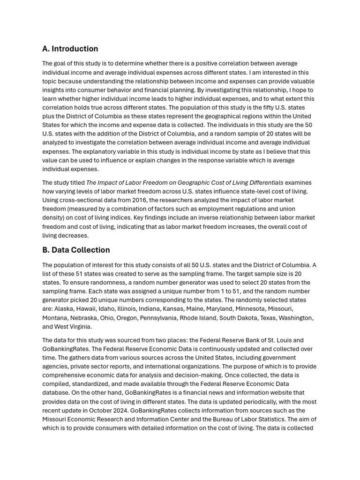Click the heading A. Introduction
[70, 49]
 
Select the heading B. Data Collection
[76, 250]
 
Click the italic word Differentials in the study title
[265, 183]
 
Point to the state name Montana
[55, 318]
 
